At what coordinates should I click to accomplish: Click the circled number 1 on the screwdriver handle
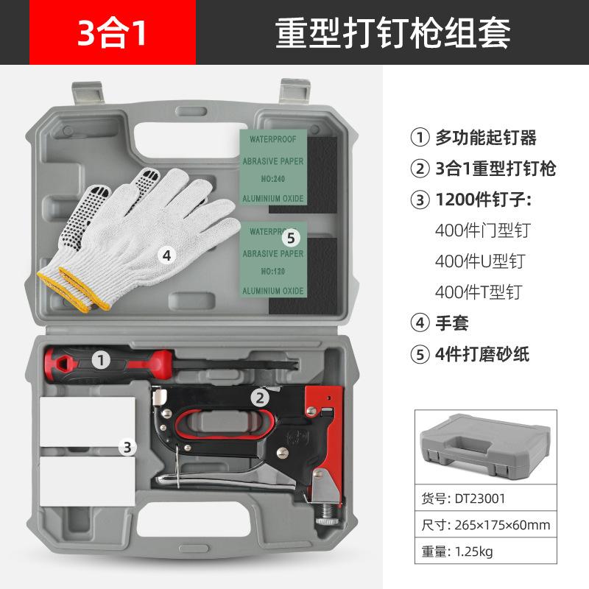coord(101,359)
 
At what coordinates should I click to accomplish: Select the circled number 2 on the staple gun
coord(259,398)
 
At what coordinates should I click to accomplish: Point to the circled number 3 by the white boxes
coord(127,446)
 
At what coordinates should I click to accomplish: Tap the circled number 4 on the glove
coord(167,255)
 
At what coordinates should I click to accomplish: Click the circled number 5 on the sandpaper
coord(292,237)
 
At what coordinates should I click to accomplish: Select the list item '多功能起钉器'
coord(486,138)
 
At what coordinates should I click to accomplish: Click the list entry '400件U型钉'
coord(480,261)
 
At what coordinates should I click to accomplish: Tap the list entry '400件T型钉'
coord(479,292)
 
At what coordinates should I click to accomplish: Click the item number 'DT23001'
coord(479,498)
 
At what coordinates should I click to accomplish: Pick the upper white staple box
coord(88,420)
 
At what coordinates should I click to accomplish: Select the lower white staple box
coord(88,472)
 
